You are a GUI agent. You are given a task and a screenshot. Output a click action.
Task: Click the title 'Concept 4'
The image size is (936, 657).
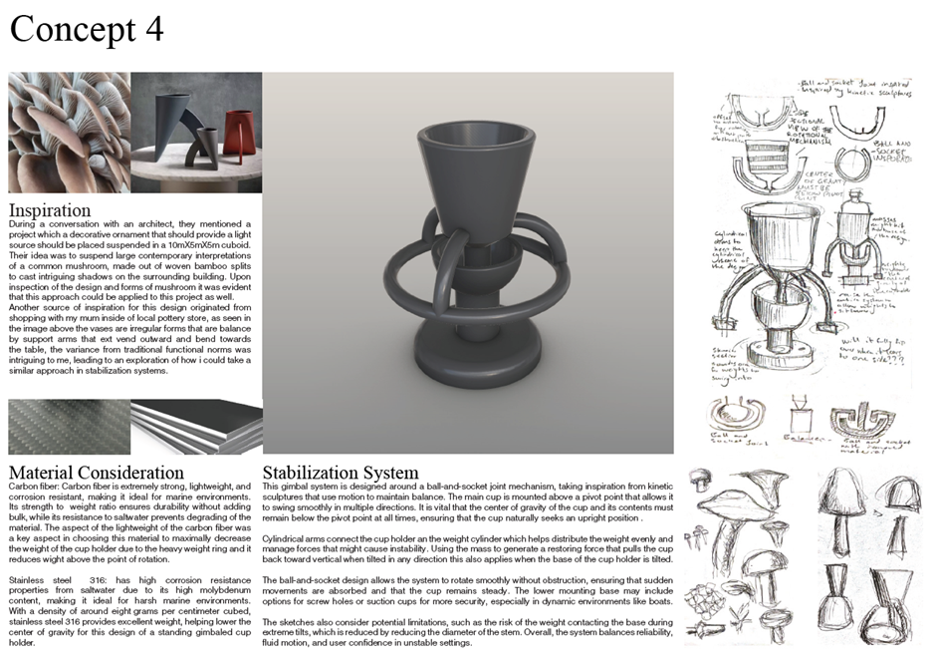pyautogui.click(x=87, y=30)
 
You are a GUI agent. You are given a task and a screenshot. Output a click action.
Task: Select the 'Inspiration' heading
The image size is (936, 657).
pyautogui.click(x=50, y=210)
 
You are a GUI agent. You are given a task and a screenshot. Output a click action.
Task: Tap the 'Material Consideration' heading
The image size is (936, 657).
pyautogui.click(x=96, y=472)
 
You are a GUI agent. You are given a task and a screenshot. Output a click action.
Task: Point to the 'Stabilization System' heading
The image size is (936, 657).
pyautogui.click(x=341, y=472)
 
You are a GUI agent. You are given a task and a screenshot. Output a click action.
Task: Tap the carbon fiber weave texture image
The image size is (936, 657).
pyautogui.click(x=68, y=427)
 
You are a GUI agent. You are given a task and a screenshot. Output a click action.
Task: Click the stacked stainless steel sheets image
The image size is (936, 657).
pyautogui.click(x=195, y=427)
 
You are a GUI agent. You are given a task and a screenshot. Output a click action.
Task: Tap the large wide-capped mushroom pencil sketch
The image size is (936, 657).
pyautogui.click(x=742, y=498)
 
